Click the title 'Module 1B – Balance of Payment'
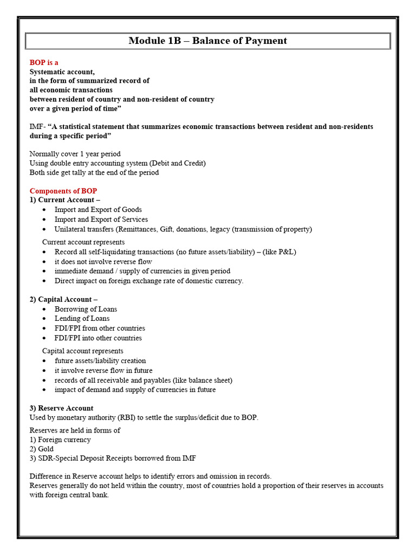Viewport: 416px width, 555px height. point(207,41)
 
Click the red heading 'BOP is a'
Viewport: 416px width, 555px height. point(44,62)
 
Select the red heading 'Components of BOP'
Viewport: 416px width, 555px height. point(63,191)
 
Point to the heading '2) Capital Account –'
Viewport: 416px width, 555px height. point(63,299)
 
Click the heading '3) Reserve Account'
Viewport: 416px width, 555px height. point(61,408)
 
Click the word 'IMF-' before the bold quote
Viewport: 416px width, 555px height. point(37,126)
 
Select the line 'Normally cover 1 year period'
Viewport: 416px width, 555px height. point(75,154)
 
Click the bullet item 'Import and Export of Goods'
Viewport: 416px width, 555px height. point(98,210)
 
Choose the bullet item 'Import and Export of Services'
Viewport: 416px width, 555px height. point(101,220)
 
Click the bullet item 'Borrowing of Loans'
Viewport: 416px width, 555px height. point(86,309)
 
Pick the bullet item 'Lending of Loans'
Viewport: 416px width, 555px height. point(82,319)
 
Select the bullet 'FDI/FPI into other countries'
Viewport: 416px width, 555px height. point(98,338)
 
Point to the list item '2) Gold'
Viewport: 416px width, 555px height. point(42,449)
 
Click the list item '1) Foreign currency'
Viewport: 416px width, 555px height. point(60,440)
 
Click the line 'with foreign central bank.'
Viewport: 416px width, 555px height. point(69,495)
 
